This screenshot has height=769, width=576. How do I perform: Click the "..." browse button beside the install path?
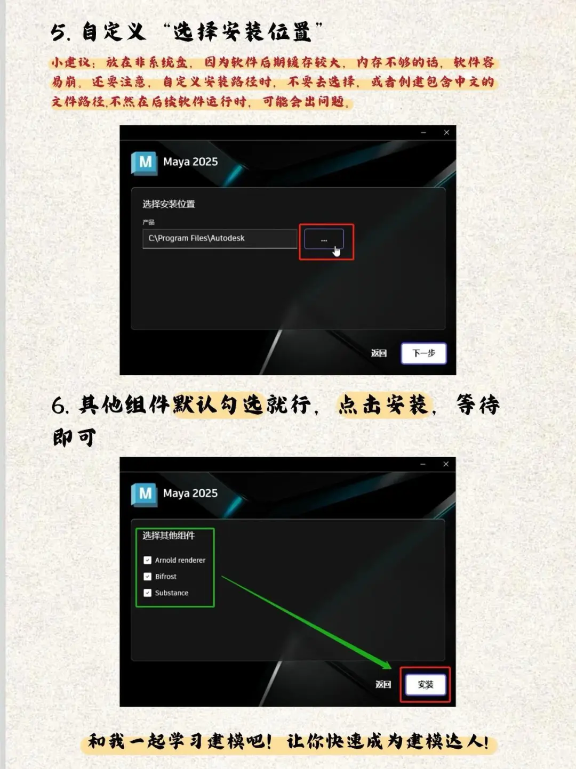(324, 240)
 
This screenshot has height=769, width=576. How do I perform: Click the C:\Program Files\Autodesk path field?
(219, 238)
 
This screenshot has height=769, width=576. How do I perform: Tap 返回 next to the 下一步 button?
(379, 353)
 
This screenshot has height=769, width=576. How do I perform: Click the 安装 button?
(425, 685)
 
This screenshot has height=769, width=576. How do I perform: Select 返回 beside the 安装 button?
(383, 684)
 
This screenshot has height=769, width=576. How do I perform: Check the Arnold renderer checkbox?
(148, 560)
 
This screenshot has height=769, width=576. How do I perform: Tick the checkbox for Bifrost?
(148, 577)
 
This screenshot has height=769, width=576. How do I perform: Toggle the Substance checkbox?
(148, 593)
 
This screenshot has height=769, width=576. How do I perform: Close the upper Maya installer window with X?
(446, 133)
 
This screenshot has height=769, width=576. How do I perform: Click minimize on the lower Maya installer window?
(423, 464)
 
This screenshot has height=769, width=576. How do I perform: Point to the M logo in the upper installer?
(145, 162)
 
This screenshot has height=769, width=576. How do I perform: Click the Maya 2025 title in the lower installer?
(190, 493)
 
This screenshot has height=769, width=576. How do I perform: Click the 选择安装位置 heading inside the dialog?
(169, 204)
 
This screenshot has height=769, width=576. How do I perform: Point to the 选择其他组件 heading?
(169, 536)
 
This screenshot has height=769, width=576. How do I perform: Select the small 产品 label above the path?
(149, 222)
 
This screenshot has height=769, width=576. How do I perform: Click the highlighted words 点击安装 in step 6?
(383, 405)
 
